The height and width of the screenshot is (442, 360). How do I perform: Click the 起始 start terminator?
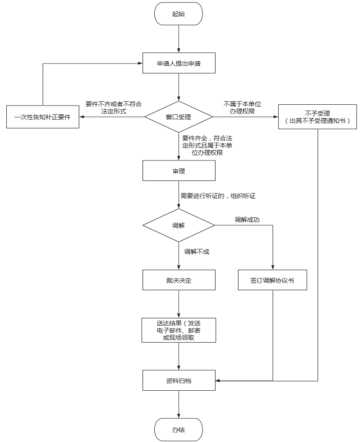[178, 14]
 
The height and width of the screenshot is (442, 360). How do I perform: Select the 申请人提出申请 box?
[179, 63]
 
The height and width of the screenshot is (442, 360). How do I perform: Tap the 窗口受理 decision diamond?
[179, 117]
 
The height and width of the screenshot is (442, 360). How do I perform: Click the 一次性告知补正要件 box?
[42, 117]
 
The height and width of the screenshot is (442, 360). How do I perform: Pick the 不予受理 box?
[317, 117]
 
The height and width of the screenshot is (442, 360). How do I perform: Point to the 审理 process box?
[179, 170]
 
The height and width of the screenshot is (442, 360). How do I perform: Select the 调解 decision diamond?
[179, 225]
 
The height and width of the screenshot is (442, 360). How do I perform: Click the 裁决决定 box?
[179, 280]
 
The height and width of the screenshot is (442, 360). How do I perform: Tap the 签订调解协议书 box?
[272, 280]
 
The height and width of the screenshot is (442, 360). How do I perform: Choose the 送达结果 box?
[179, 330]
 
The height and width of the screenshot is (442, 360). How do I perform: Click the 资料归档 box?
[179, 380]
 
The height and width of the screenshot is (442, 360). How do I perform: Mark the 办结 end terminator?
[178, 430]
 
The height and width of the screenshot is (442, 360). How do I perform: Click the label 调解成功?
[247, 220]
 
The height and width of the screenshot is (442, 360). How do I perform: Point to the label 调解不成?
[197, 252]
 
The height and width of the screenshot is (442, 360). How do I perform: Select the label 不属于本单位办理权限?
[242, 107]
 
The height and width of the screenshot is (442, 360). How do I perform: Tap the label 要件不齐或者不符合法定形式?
[113, 107]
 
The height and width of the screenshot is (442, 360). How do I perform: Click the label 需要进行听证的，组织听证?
[218, 195]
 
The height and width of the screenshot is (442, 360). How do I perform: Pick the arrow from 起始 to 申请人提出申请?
[179, 39]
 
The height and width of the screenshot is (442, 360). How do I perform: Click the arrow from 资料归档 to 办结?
[179, 404]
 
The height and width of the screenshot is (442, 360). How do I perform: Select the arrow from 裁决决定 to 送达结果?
[179, 304]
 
